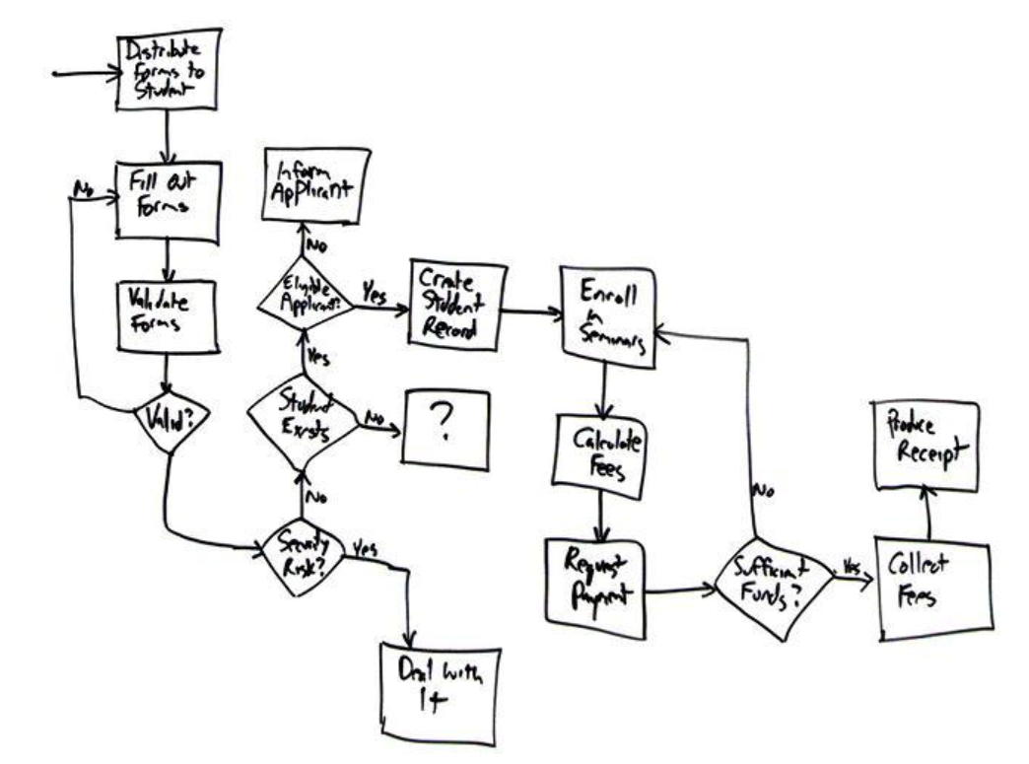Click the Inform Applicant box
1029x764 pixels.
[x=315, y=183]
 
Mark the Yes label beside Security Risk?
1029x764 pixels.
[x=365, y=550]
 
